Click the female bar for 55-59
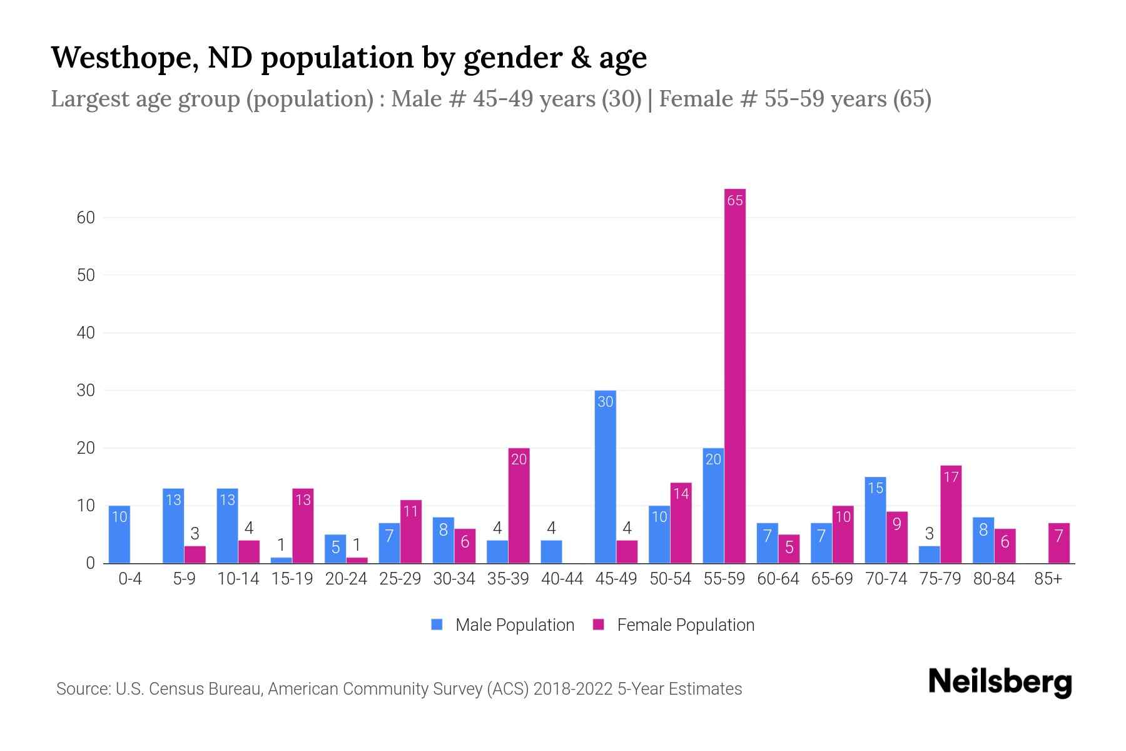(735, 375)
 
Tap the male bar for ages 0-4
(119, 534)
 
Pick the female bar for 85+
(1058, 543)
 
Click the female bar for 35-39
(519, 506)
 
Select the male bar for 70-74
(875, 520)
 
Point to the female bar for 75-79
(951, 514)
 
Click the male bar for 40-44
(551, 552)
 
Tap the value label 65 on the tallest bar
(735, 200)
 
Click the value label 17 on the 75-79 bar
(951, 478)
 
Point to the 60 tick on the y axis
(86, 218)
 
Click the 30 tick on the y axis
(86, 391)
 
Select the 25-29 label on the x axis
(400, 579)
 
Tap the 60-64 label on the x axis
(778, 579)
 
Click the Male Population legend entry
(503, 625)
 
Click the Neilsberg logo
(1000, 682)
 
